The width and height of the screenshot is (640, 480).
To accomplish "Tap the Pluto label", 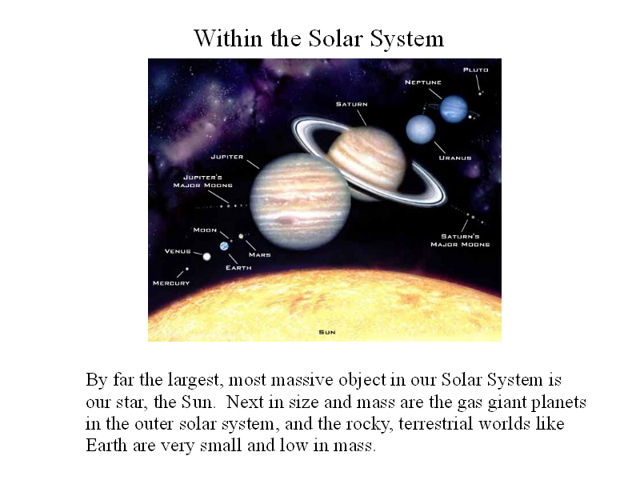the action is [475, 70].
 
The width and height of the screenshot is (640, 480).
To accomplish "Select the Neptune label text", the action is [423, 82].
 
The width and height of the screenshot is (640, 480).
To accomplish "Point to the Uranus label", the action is [455, 158].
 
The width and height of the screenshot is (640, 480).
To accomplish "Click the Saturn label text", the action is [351, 104].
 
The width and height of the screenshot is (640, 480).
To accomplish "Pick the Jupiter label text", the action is [227, 157].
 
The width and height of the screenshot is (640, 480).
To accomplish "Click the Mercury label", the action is [171, 283].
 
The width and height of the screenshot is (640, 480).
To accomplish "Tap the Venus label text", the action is [178, 251].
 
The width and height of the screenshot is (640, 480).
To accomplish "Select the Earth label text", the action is [238, 268].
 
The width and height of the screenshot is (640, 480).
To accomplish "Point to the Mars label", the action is [259, 254].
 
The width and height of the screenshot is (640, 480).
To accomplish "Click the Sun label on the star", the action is [327, 332].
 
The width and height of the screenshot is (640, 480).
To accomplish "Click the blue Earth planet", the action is [224, 246].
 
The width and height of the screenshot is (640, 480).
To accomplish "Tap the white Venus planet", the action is [206, 256].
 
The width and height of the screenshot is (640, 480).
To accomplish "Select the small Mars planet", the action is [241, 236].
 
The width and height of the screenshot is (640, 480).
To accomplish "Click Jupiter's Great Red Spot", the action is [287, 221].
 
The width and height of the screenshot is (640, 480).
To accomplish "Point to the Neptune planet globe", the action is [454, 109].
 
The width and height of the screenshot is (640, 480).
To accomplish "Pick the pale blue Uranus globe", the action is [421, 129].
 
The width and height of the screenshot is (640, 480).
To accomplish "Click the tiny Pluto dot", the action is [480, 94].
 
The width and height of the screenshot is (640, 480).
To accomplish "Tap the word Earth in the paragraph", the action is [106, 445].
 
